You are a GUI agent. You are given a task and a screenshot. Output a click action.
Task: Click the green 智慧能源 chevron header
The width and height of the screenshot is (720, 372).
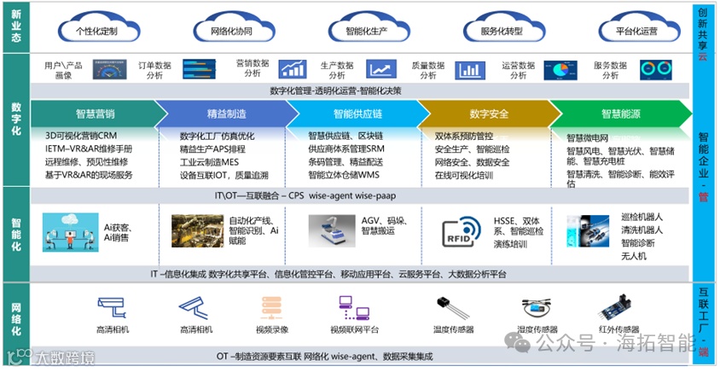tap(620, 113)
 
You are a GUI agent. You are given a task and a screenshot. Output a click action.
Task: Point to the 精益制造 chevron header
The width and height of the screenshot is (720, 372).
tap(225, 113)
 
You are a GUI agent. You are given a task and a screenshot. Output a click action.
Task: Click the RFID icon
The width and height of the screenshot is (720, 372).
tap(461, 231)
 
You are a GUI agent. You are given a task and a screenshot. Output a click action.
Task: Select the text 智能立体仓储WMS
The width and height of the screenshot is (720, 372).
tap(344, 175)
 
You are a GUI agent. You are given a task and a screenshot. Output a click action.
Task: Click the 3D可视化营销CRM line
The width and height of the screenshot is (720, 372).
tap(81, 136)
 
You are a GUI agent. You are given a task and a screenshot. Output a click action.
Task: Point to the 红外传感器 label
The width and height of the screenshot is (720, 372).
tap(618, 329)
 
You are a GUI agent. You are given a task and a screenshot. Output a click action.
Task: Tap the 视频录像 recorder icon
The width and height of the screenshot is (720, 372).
tap(271, 307)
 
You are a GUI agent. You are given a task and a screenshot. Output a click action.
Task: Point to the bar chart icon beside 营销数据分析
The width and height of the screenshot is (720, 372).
tap(292, 69)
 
